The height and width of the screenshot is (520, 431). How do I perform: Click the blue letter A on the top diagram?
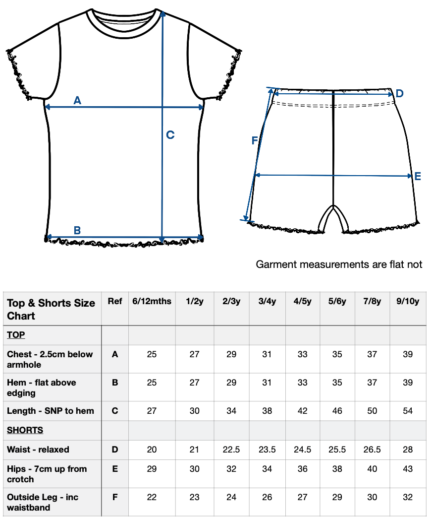77,100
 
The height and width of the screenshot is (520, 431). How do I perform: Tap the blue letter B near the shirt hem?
77,230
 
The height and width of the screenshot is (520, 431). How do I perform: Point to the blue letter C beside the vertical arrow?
170,135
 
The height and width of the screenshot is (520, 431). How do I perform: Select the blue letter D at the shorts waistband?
400,93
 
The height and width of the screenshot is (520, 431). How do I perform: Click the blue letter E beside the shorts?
418,176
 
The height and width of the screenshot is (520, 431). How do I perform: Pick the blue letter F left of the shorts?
255,140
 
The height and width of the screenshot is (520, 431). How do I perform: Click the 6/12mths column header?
152,301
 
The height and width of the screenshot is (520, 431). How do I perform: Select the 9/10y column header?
408,301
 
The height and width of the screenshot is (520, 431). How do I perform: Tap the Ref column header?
115,301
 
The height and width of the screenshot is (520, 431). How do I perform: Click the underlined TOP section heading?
16,334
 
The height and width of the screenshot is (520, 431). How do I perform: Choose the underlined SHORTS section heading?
25,430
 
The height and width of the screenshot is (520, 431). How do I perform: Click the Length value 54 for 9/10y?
408,411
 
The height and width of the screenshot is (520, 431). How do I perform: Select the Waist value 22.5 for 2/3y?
231,450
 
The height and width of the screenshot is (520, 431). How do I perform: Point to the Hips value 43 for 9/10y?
408,469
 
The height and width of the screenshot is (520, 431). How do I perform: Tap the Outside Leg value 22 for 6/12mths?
152,497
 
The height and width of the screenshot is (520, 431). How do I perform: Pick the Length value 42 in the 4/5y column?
303,411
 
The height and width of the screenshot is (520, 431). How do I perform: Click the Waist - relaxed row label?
38,450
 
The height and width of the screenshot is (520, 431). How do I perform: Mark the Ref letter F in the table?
115,497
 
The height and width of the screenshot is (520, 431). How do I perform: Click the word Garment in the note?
277,264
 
